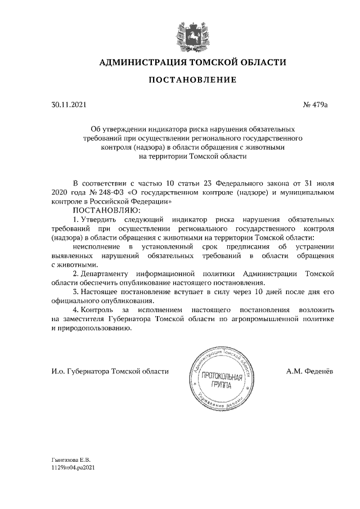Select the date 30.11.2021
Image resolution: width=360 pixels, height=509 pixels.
pos(66,104)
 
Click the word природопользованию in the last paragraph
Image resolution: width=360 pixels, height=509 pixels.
pos(94,328)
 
